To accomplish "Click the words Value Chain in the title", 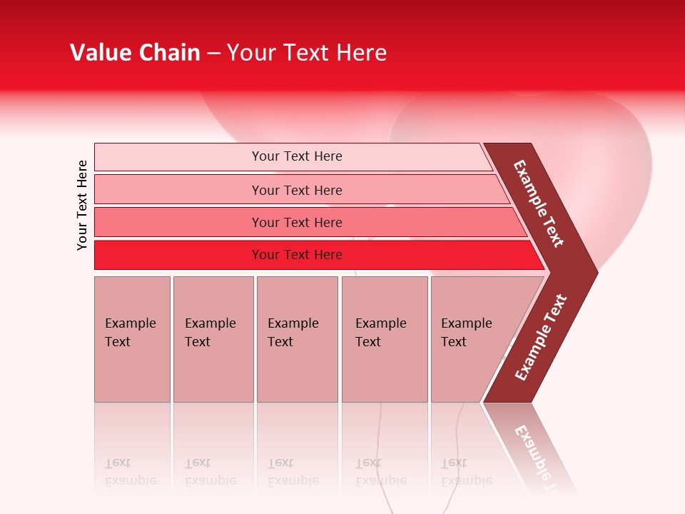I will click(x=135, y=53).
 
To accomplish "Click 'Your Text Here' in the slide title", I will click(x=307, y=53).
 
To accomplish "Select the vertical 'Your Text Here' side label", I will click(x=82, y=205).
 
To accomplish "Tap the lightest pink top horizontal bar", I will click(x=178, y=157).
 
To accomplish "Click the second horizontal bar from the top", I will click(x=178, y=190).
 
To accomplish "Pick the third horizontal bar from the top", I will click(x=178, y=222).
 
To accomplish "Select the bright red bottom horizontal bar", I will click(x=178, y=255).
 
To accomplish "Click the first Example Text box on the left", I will click(x=132, y=339).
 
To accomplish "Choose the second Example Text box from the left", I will click(x=213, y=339).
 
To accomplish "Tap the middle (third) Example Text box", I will click(x=297, y=339).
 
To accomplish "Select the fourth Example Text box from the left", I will click(x=384, y=339).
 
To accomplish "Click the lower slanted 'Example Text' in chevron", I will click(x=541, y=338).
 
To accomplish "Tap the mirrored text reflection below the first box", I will click(x=130, y=472).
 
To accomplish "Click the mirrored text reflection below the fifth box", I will click(x=466, y=472).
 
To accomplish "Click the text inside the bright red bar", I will click(x=297, y=255).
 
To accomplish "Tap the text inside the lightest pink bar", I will click(x=297, y=156).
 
